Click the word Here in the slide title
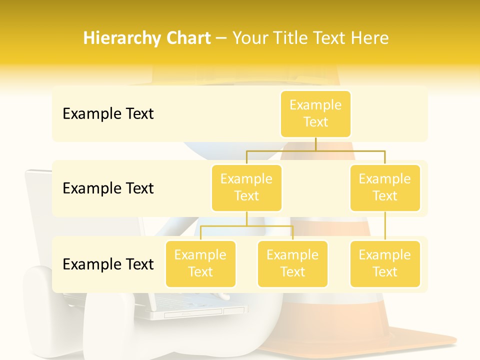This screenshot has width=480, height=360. pyautogui.click(x=370, y=38)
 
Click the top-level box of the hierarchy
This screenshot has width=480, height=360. pyautogui.click(x=315, y=113)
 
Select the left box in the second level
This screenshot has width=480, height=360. pyautogui.click(x=246, y=187)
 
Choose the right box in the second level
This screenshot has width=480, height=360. pyautogui.click(x=385, y=187)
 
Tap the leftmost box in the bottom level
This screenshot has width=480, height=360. pyautogui.click(x=200, y=263)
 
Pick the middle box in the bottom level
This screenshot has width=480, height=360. pyautogui.click(x=292, y=263)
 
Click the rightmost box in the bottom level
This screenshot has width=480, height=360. pyautogui.click(x=385, y=263)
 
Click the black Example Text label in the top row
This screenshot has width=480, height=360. pyautogui.click(x=108, y=113)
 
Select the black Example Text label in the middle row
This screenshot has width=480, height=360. pyautogui.click(x=108, y=188)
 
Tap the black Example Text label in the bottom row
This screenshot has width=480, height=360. pyautogui.click(x=108, y=264)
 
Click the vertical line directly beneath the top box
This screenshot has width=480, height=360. pyautogui.click(x=315, y=143)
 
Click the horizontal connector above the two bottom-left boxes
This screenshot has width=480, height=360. pyautogui.click(x=246, y=226)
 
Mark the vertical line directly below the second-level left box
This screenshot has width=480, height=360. pyautogui.click(x=246, y=218)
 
